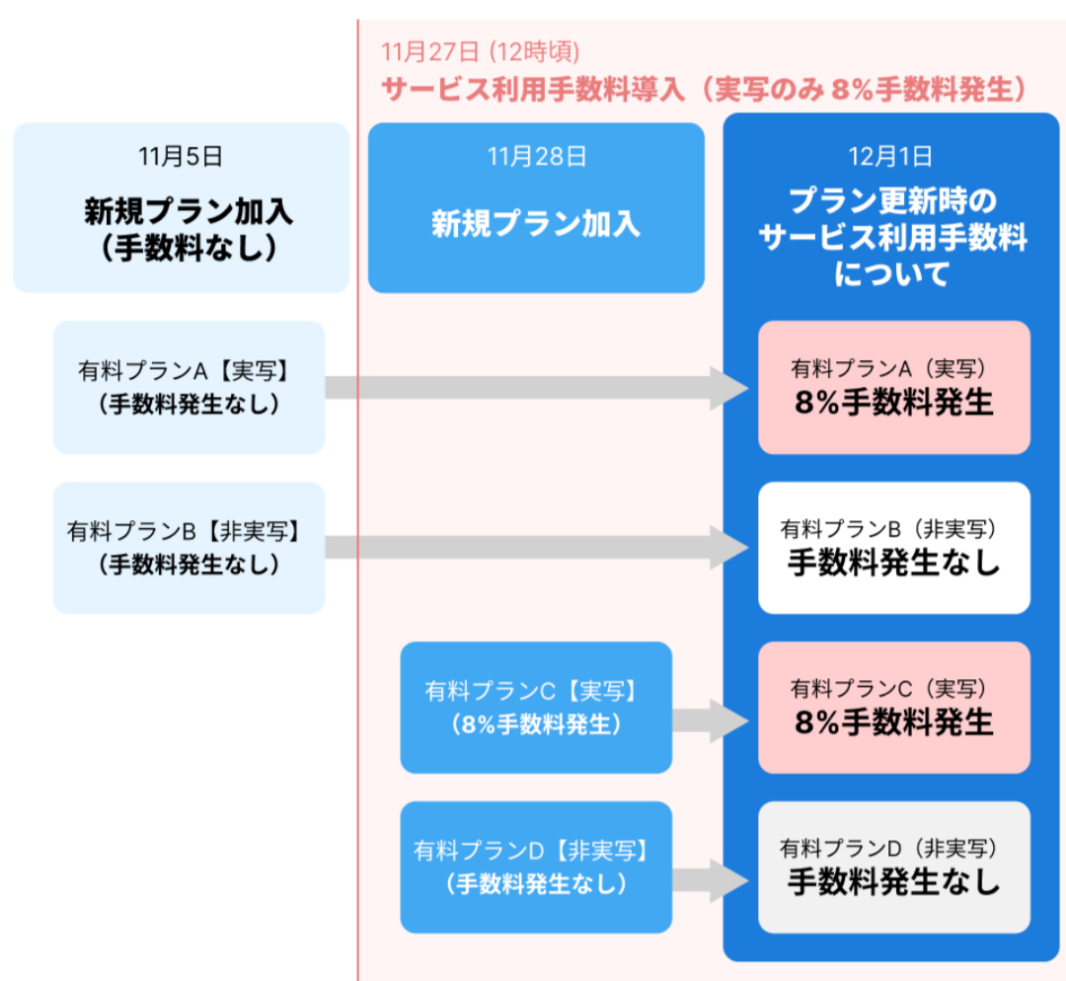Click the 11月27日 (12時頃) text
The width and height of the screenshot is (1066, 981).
tap(481, 50)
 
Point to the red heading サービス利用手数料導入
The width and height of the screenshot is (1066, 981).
tap(532, 89)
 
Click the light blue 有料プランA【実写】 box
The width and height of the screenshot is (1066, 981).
tap(189, 387)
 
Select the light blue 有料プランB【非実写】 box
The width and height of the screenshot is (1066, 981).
tap(189, 548)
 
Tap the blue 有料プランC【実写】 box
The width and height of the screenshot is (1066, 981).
tap(536, 708)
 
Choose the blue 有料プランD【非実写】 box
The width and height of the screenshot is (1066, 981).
tap(536, 867)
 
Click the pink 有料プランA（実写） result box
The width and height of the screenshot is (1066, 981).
tap(893, 387)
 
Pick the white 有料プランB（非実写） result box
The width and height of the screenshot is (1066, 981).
tap(893, 548)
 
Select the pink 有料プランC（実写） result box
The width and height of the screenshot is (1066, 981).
tap(893, 708)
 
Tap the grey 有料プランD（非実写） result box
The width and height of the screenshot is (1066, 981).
tap(893, 867)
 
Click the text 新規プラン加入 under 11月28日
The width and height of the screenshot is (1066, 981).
tap(536, 224)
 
